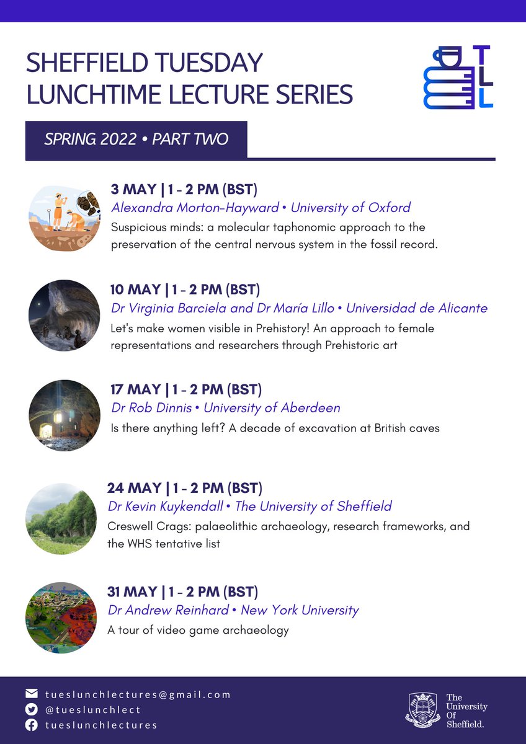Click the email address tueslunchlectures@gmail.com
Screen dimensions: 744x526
click(138, 694)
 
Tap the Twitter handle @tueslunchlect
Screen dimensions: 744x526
click(93, 709)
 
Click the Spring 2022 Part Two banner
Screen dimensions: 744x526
click(136, 139)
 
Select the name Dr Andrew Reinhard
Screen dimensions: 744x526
click(168, 610)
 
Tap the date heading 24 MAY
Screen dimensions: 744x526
click(133, 488)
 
